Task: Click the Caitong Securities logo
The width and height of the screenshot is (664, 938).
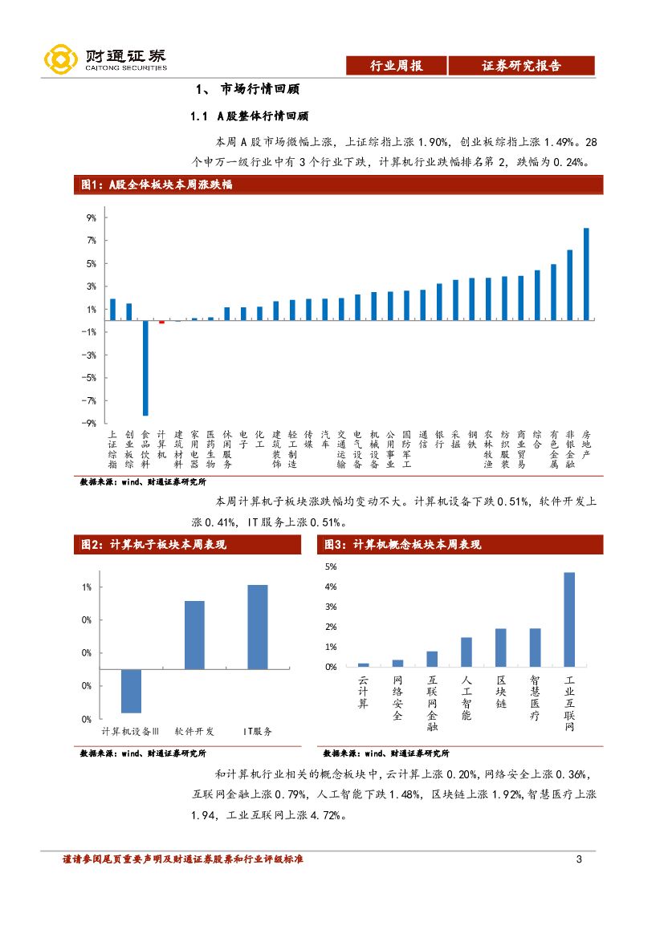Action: [x=104, y=59]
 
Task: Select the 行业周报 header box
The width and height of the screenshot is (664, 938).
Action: [x=395, y=66]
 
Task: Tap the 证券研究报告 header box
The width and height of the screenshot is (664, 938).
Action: [x=521, y=66]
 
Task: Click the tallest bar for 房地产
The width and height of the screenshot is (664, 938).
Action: [x=586, y=274]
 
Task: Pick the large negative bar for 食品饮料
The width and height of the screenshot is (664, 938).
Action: [x=145, y=367]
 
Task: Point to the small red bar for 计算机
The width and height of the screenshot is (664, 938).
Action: [x=161, y=322]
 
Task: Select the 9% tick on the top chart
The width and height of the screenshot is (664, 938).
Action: [x=91, y=217]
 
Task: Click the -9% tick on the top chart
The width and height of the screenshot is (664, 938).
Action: [x=90, y=423]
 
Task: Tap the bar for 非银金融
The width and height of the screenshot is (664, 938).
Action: [x=570, y=285]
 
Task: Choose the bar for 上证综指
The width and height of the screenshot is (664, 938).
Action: [x=112, y=309]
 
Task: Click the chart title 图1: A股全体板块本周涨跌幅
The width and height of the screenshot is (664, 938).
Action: [x=157, y=185]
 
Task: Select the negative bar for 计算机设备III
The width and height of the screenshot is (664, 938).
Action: [x=131, y=691]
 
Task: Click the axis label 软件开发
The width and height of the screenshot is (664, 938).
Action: [x=194, y=731]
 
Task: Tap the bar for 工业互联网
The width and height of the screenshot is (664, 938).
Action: [x=569, y=619]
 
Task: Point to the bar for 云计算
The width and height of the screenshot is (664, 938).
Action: [x=363, y=664]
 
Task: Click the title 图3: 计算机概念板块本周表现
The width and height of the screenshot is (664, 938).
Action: [x=402, y=545]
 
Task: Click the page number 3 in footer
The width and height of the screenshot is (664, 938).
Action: [x=579, y=860]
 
